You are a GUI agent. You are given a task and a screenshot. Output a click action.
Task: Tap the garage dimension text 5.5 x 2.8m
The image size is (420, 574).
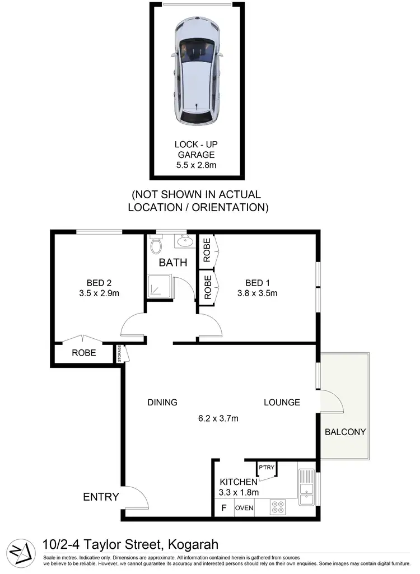196,165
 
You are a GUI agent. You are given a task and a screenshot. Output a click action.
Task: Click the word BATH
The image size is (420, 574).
173,262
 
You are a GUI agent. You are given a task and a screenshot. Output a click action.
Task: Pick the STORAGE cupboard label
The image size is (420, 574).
119,353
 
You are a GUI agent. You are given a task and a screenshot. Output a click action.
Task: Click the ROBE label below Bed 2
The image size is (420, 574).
83,353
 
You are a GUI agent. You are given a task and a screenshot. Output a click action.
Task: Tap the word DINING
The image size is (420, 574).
162,402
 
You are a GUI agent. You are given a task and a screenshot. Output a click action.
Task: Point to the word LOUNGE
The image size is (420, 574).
282,402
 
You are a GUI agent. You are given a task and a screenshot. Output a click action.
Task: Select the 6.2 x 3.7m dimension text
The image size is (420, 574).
218,418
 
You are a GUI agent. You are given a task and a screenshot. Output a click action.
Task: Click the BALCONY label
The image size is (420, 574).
345,432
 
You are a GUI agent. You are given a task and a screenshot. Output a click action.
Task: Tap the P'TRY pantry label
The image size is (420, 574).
264,466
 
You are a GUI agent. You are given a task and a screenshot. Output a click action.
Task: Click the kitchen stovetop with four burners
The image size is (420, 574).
278,507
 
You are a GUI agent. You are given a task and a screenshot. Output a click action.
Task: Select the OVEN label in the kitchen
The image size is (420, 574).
244,508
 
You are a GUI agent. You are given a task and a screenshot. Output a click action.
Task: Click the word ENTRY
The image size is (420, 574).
101,497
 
